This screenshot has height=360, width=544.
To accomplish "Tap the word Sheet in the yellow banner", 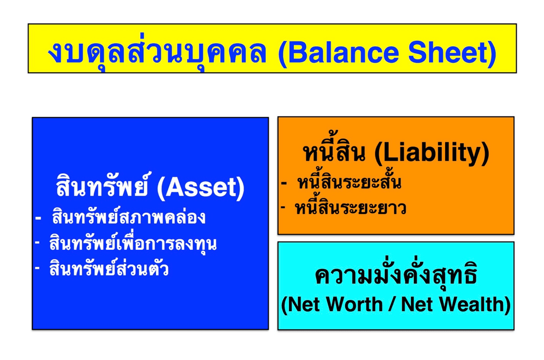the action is (447, 53).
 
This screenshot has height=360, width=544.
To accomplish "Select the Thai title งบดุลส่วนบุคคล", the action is (157, 54).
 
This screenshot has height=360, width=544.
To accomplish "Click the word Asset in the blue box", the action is (201, 187).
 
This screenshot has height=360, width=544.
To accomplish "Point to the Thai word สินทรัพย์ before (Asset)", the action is (102, 185).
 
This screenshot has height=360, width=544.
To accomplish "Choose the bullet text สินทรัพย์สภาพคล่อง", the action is (128, 217).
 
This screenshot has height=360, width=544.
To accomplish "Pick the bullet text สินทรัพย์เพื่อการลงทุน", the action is (133, 243).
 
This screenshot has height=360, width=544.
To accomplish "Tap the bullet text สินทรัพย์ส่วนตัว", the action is (109, 268).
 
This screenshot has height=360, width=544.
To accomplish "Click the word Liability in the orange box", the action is (432, 153).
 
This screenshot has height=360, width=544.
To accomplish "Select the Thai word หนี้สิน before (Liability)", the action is (335, 151).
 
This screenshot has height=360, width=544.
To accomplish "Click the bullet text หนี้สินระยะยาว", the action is (350, 207).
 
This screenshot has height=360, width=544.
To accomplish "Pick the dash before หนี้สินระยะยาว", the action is (283, 207).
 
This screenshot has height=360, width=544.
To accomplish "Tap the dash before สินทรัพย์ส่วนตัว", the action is (37, 267).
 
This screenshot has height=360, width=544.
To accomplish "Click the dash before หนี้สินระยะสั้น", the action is (284, 183).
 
